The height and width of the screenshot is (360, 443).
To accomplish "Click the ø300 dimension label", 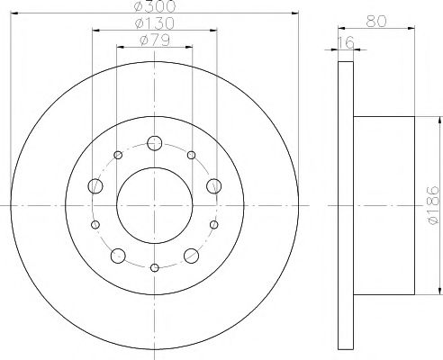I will (x=154, y=6).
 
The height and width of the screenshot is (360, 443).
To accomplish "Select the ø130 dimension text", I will (x=154, y=23).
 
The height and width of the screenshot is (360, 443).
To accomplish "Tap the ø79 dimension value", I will (x=154, y=40).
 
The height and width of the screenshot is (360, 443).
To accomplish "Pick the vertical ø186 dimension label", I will (x=433, y=206).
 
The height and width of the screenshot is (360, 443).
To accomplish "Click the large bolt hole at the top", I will (x=155, y=142).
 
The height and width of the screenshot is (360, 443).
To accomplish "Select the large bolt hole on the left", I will (x=96, y=186).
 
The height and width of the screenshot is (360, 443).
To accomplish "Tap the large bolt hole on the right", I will (x=213, y=186).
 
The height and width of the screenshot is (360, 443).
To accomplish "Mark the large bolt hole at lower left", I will (x=119, y=256).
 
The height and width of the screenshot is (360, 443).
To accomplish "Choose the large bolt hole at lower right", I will (x=191, y=256).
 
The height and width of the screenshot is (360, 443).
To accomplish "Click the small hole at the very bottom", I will (x=155, y=267).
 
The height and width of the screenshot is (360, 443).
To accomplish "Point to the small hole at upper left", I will (x=119, y=154).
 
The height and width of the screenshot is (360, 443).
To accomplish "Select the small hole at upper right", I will (x=191, y=154).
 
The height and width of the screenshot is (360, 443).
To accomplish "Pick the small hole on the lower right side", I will (x=213, y=224).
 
